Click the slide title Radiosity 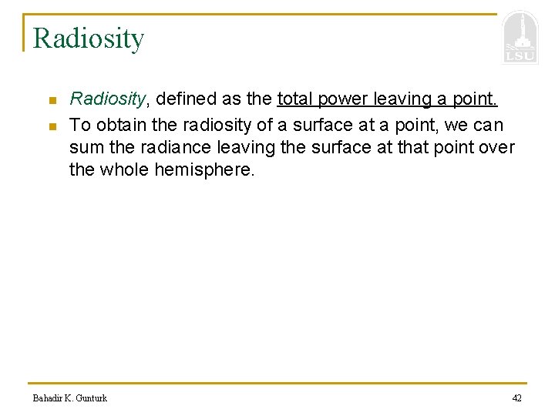pyautogui.click(x=89, y=39)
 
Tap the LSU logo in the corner pyautogui.click(x=520, y=39)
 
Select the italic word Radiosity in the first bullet pyautogui.click(x=107, y=99)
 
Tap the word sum pyautogui.click(x=83, y=147)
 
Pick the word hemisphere pyautogui.click(x=204, y=169)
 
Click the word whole pyautogui.click(x=125, y=169)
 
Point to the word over pyautogui.click(x=498, y=147)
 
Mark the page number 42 pyautogui.click(x=516, y=398)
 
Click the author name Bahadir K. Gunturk pyautogui.click(x=69, y=398)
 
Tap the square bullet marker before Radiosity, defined pyautogui.click(x=51, y=101)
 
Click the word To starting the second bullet pyautogui.click(x=79, y=125)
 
